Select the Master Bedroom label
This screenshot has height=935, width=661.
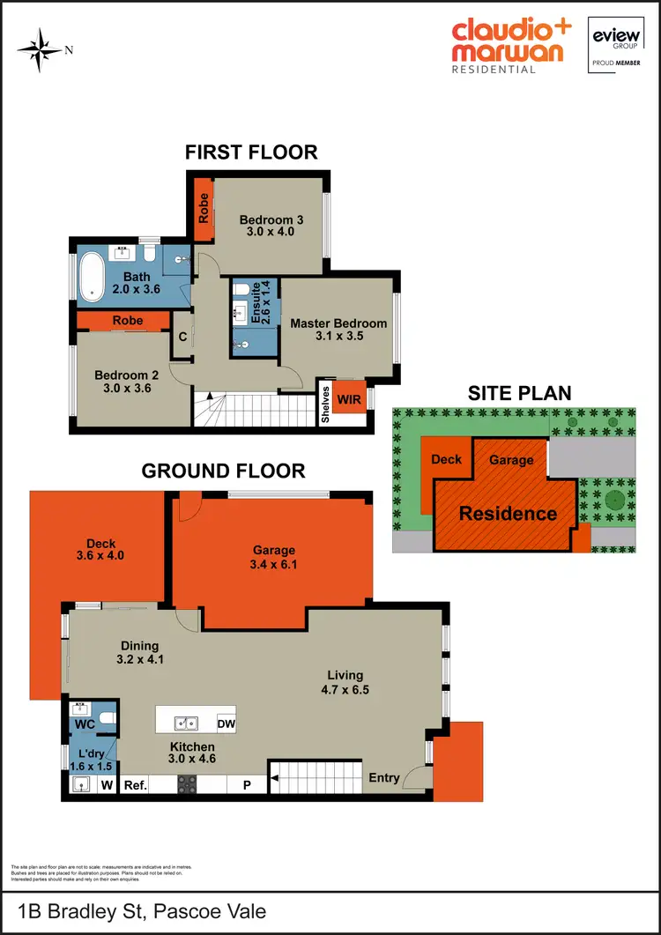338,323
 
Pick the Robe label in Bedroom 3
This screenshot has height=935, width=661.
203,206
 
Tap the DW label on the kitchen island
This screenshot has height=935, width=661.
227,724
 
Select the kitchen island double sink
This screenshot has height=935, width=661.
186,724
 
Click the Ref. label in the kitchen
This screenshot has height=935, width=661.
135,783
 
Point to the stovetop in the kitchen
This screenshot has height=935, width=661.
187,783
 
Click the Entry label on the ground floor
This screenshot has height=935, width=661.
382,777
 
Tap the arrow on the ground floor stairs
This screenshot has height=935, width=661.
275,777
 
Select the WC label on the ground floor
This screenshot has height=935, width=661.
84,724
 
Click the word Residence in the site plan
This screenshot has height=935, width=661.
508,513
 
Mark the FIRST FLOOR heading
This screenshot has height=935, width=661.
251,152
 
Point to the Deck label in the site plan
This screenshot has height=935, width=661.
446,459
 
